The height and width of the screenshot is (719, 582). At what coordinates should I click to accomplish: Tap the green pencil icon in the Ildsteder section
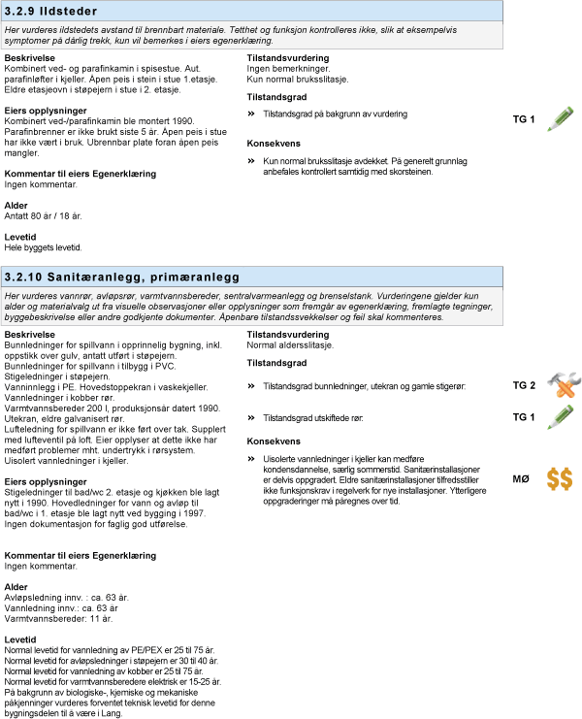pos(556,118)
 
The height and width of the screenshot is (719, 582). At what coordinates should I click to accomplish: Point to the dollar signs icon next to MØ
pos(558,478)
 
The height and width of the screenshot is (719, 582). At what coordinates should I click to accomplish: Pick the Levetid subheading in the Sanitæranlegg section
pos(20,639)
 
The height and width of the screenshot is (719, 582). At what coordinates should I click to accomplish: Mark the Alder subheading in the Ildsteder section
pos(16,206)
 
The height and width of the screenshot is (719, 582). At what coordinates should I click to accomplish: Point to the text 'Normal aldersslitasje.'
pos(290,344)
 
